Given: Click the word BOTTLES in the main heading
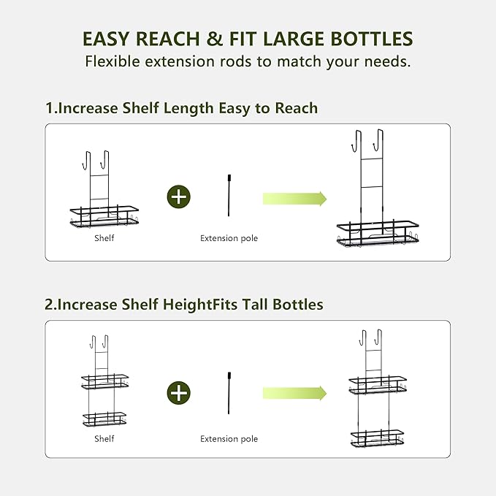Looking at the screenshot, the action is (x=372, y=39).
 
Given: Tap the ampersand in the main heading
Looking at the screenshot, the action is (x=214, y=39).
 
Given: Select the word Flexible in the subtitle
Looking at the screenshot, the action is (x=112, y=61).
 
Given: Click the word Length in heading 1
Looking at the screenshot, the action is (x=188, y=109).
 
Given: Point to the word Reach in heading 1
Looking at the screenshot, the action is (x=296, y=108).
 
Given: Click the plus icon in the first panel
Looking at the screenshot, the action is (x=179, y=197).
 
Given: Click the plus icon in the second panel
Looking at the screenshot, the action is (x=179, y=393).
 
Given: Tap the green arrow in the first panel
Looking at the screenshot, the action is (x=294, y=199).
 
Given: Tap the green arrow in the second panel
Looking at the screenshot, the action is (x=294, y=393).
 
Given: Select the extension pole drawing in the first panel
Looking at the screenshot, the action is (x=229, y=195).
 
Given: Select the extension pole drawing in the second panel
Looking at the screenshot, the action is (x=229, y=393).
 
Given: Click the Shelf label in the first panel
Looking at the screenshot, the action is (x=104, y=238).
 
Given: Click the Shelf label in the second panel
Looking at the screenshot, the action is (x=104, y=438).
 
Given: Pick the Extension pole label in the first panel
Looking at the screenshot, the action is (x=229, y=238).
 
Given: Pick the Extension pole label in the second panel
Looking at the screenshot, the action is (x=229, y=439).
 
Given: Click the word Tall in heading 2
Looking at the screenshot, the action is (x=255, y=305).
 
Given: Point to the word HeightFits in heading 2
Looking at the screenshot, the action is (x=200, y=305).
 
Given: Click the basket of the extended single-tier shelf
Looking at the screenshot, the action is (x=378, y=234).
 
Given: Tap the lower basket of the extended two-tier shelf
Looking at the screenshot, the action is (x=378, y=438).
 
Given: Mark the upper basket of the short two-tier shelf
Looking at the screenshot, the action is (x=105, y=382).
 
